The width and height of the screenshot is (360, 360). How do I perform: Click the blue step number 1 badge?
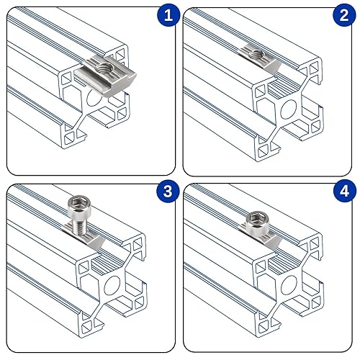[x=168, y=15]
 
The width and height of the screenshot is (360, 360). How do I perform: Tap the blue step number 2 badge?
[x=344, y=15]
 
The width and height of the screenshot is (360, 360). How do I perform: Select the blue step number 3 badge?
[x=168, y=192]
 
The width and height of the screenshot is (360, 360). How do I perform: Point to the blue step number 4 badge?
[x=345, y=192]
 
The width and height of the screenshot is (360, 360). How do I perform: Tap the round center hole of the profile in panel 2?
[x=289, y=109]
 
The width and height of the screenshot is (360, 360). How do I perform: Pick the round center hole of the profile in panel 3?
[x=112, y=286]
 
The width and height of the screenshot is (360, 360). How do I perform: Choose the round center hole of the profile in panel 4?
[x=289, y=285]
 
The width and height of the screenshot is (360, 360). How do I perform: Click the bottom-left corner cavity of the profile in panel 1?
[x=70, y=139]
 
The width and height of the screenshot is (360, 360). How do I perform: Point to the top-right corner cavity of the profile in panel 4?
[x=314, y=246]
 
